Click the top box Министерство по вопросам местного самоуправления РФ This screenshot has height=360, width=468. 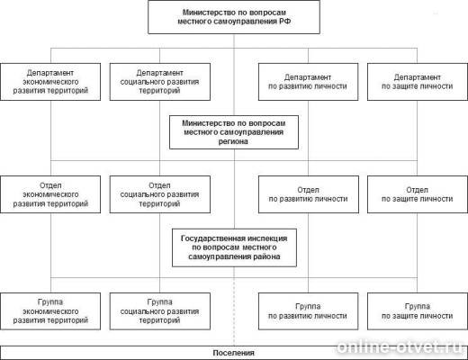point(234,17)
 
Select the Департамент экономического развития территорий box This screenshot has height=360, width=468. point(50,82)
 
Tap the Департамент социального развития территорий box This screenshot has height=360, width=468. point(160,82)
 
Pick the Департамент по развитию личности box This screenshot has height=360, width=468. point(308,82)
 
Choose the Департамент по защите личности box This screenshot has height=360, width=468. point(418,82)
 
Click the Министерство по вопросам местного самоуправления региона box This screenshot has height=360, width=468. point(234,132)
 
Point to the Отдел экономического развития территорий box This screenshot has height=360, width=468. point(50,194)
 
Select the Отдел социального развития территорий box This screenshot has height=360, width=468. point(160,194)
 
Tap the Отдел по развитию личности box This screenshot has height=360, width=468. point(309,194)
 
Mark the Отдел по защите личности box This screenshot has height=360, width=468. point(418,194)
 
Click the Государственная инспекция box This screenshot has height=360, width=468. point(234,247)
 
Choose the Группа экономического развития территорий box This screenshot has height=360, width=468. point(50,311)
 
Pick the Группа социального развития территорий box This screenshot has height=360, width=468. point(160,311)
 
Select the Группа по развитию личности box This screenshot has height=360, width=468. point(308,311)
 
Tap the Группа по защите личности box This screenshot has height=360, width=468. point(418,311)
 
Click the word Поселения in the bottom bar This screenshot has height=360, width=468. point(233,353)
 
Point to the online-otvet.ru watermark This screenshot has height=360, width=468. point(400,347)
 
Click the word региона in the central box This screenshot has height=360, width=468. point(233,141)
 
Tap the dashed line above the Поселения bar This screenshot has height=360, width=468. point(234,312)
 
